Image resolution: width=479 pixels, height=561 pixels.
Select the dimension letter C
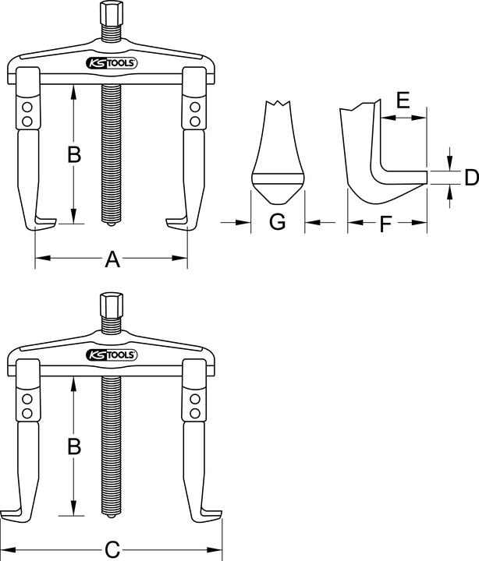(x=112, y=550)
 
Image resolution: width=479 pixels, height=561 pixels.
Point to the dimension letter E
(x=403, y=100)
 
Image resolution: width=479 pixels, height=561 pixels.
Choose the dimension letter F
(x=386, y=226)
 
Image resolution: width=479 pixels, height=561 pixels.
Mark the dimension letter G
(x=277, y=223)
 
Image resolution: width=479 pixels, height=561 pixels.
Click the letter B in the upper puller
(x=73, y=155)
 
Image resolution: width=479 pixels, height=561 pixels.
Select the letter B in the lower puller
(x=73, y=447)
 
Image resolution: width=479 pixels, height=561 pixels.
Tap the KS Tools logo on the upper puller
(x=112, y=63)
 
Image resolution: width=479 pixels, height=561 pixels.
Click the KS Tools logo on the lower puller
(x=112, y=355)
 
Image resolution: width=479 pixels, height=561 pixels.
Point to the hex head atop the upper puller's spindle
(x=107, y=15)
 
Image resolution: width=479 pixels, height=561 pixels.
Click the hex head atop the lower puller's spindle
(x=107, y=305)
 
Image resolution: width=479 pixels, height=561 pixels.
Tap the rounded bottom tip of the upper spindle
(x=108, y=225)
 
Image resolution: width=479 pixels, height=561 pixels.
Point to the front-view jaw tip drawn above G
(x=277, y=183)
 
